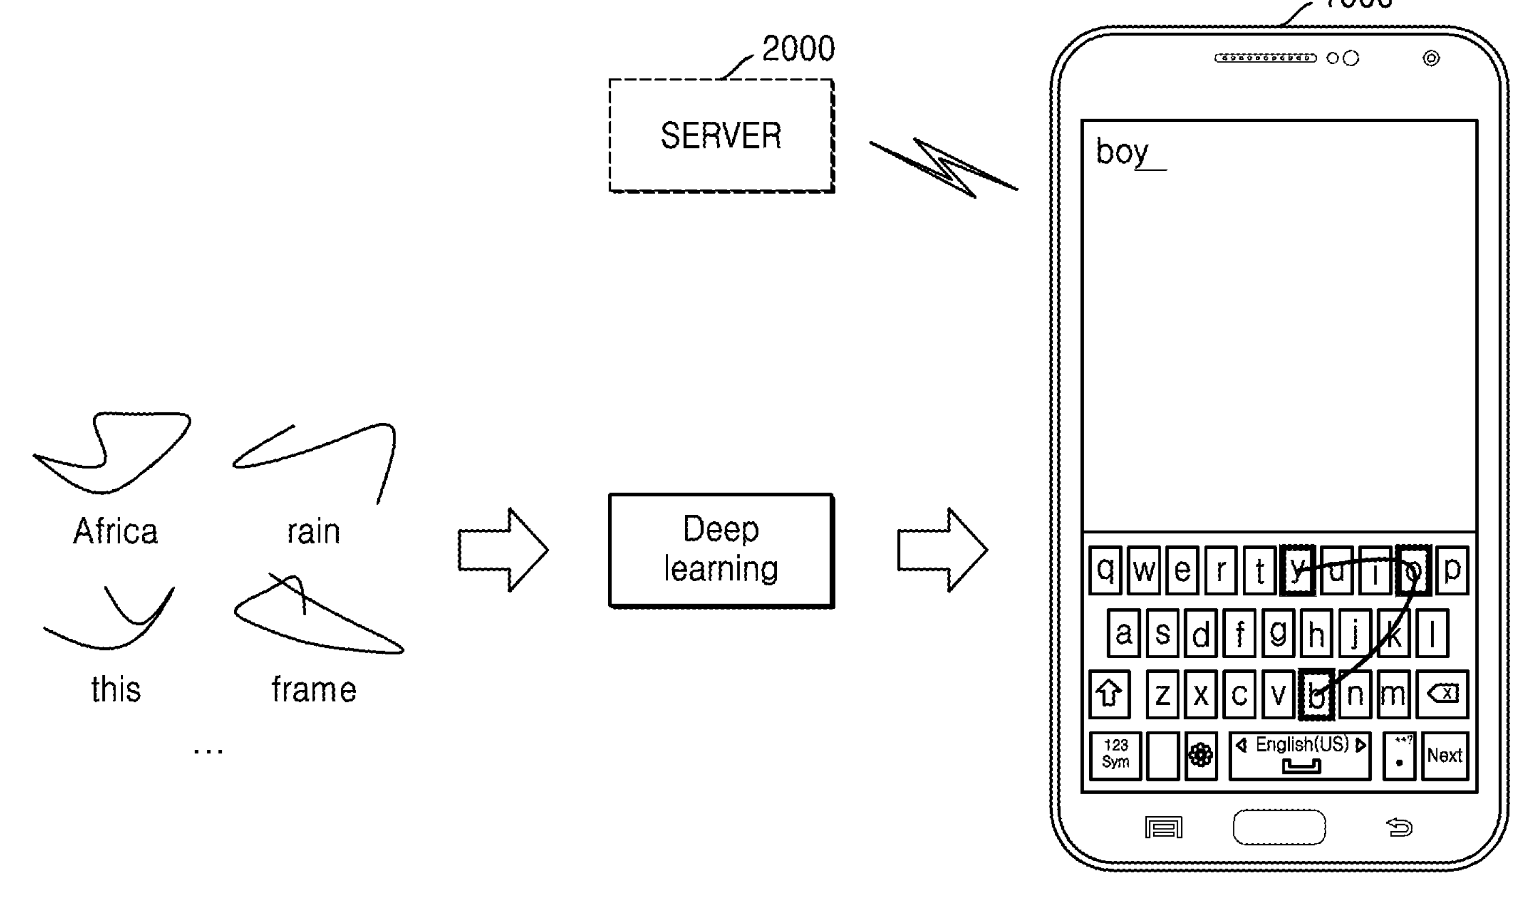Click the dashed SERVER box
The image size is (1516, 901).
pyautogui.click(x=721, y=136)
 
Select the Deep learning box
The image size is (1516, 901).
pyautogui.click(x=721, y=550)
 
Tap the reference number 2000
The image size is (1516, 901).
pyautogui.click(x=798, y=49)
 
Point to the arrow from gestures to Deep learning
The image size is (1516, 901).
pyautogui.click(x=503, y=550)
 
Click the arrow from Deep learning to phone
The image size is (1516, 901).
pyautogui.click(x=942, y=550)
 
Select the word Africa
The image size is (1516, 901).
pyautogui.click(x=115, y=531)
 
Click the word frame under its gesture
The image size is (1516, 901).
pyautogui.click(x=313, y=690)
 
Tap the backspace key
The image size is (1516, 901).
pyautogui.click(x=1442, y=693)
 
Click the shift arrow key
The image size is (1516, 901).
pyautogui.click(x=1109, y=693)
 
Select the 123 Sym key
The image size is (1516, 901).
pyautogui.click(x=1115, y=755)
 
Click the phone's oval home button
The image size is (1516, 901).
pyautogui.click(x=1279, y=827)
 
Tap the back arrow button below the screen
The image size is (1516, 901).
pyautogui.click(x=1400, y=827)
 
